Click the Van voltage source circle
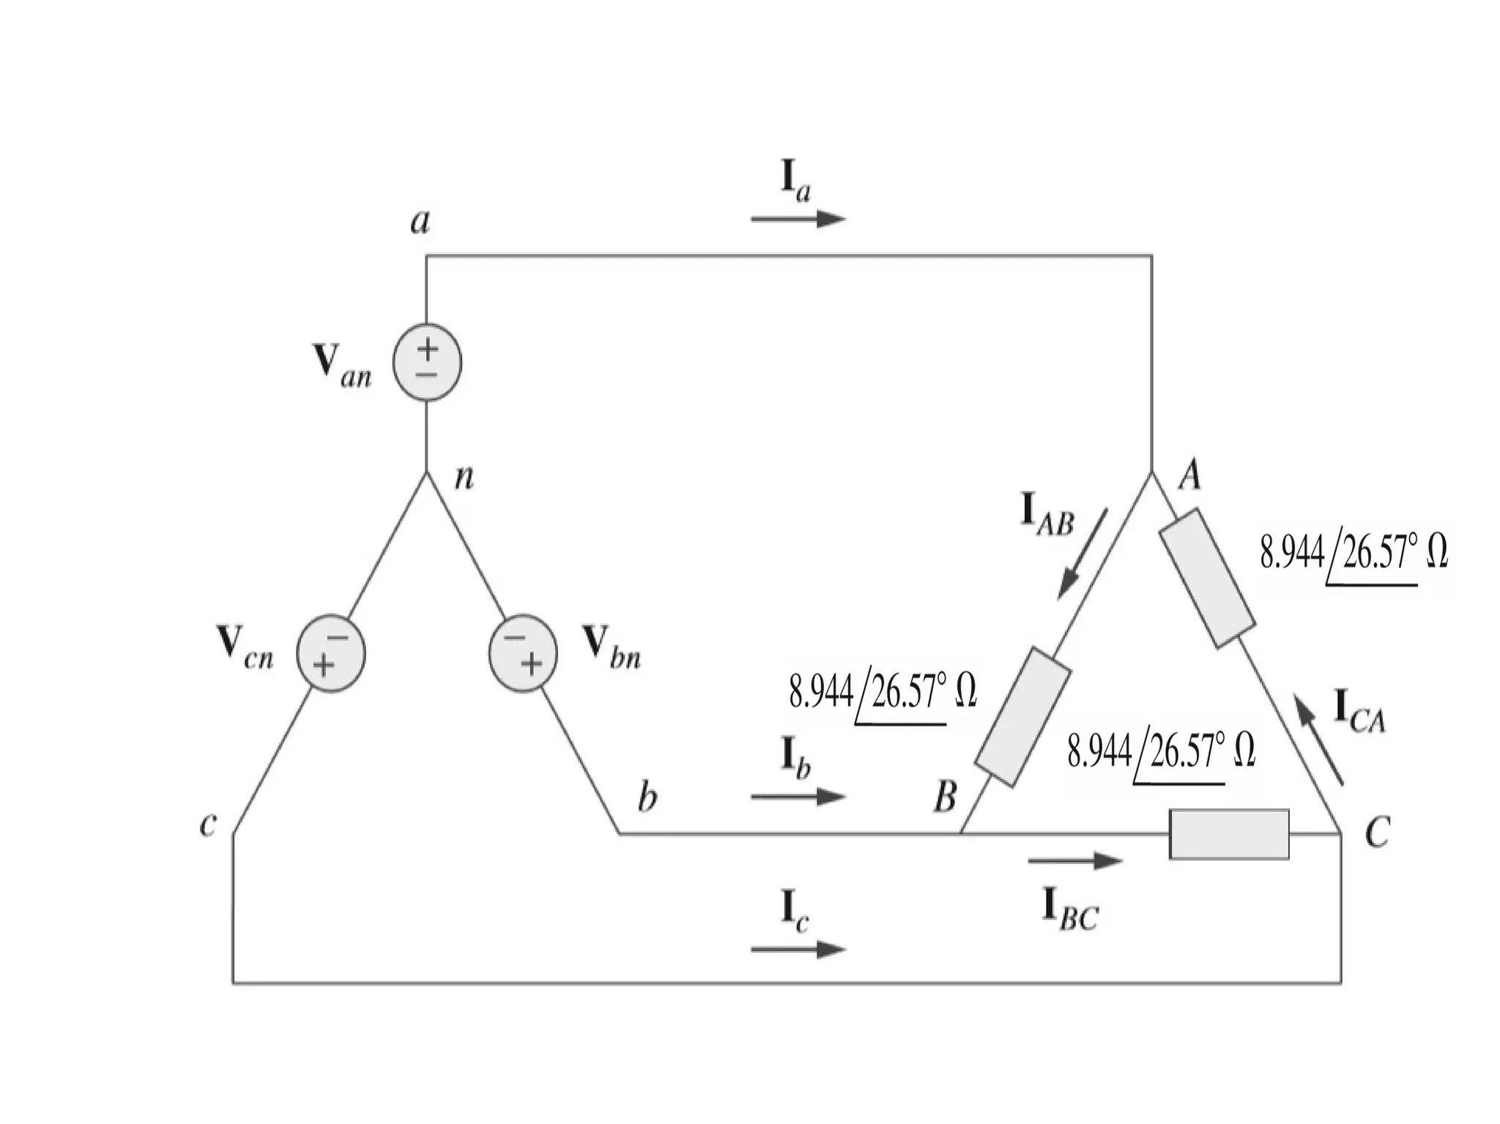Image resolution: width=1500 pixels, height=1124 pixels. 427,362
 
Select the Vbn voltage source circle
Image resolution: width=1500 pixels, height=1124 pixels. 523,653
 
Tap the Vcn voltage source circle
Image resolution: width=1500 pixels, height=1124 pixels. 330,653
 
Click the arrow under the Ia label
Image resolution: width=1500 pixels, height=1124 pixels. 798,218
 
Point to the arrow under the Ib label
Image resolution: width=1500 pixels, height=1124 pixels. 798,796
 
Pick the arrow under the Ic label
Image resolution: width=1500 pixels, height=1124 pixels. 798,949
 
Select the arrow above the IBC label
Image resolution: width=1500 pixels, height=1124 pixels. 1074,861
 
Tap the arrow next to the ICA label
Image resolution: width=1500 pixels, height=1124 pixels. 1318,740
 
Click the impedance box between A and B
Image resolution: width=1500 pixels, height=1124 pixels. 1023,717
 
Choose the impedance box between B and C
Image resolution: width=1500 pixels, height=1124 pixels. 1229,834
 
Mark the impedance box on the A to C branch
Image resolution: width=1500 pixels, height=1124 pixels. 1207,578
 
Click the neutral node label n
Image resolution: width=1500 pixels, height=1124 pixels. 464,477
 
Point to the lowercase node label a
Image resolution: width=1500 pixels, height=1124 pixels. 420,220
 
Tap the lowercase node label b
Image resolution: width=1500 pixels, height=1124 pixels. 647,797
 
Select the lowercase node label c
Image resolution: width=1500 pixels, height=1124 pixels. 208,824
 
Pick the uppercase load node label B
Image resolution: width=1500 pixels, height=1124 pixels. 946,796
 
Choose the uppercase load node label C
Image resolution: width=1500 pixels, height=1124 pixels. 1377,833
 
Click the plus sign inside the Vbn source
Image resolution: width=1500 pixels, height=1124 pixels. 532,663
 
